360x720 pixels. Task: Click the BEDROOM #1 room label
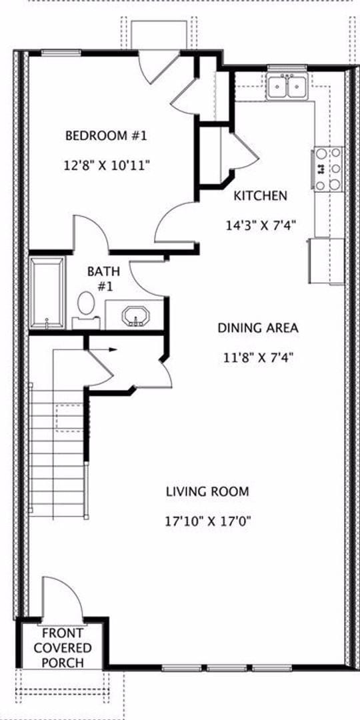(105, 136)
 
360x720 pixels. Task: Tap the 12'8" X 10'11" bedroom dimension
(107, 165)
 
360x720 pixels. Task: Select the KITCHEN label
(260, 196)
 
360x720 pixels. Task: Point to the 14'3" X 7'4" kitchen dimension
(260, 225)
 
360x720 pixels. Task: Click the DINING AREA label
(257, 328)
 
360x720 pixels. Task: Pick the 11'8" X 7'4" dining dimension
(259, 357)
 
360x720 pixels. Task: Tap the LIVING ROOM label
(207, 492)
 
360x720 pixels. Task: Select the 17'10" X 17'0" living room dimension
(207, 521)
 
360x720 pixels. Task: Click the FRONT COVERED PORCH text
(63, 648)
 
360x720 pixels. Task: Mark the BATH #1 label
(103, 279)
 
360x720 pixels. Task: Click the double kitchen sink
(287, 87)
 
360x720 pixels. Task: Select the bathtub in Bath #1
(47, 293)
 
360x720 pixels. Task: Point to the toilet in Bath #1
(86, 306)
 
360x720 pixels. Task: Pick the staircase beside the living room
(59, 453)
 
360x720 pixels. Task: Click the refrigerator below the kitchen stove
(326, 261)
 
